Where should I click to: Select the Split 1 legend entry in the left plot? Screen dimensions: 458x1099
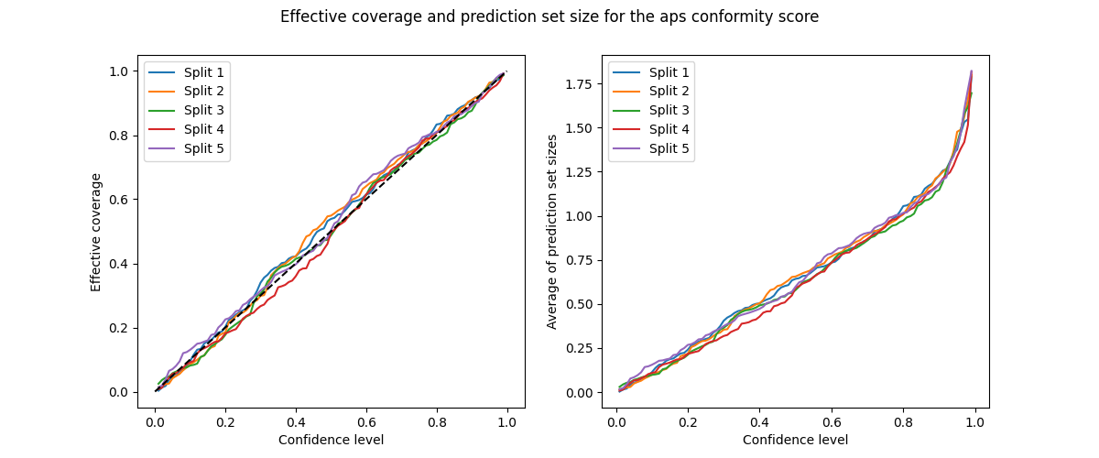pyautogui.click(x=204, y=72)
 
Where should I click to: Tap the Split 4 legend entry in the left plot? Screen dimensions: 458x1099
pyautogui.click(x=204, y=128)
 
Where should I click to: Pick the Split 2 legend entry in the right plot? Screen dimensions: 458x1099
pyautogui.click(x=669, y=91)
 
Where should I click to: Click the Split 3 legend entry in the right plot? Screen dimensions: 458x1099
pyautogui.click(x=669, y=110)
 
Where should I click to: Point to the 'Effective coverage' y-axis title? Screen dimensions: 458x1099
pyautogui.click(x=96, y=232)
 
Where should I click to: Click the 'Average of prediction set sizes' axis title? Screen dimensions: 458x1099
pyautogui.click(x=552, y=232)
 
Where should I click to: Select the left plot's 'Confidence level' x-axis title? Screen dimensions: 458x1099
pyautogui.click(x=331, y=440)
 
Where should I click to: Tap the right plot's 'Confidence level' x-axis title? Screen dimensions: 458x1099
pyautogui.click(x=795, y=440)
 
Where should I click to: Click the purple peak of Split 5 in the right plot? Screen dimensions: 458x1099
pyautogui.click(x=971, y=71)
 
